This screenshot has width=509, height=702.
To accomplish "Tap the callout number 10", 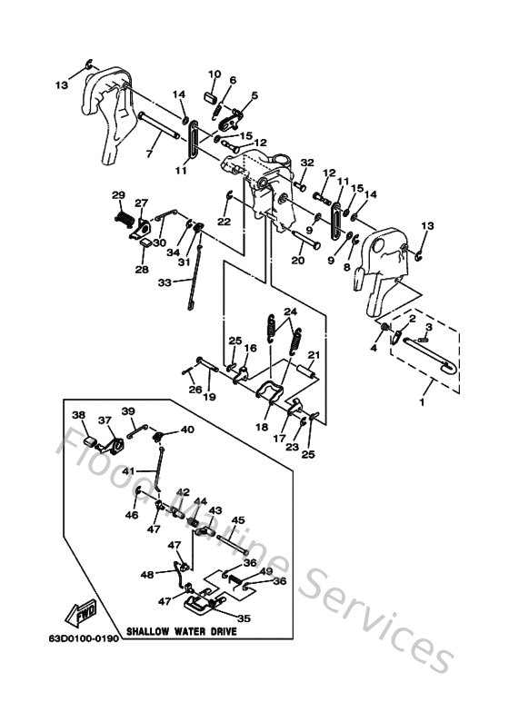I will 215,74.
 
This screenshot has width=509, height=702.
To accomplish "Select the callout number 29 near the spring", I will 117,195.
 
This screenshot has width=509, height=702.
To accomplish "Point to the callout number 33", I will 164,282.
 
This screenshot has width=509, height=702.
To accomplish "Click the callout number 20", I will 297,260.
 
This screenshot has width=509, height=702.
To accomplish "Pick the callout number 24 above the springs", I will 289,311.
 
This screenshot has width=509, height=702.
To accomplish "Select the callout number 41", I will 129,470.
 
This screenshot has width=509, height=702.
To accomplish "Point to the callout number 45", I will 237,520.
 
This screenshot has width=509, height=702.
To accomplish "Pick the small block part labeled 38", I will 90,442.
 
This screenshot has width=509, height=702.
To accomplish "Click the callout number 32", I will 306,162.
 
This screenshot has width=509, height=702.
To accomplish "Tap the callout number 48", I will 147,575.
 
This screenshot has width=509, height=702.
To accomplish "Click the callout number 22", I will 224,222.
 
